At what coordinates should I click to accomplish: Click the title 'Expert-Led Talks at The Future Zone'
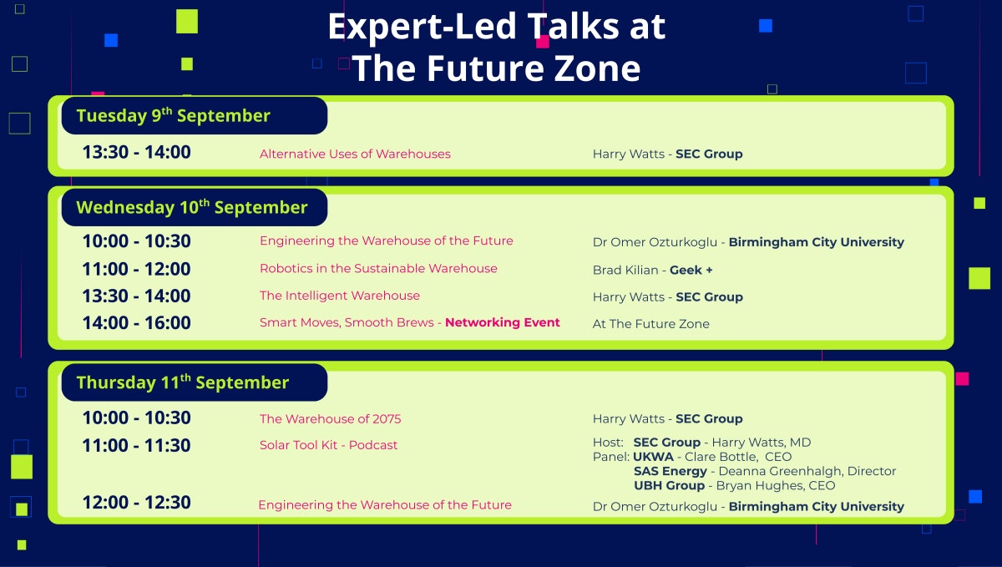[496, 48]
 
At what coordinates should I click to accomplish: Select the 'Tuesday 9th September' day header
[174, 115]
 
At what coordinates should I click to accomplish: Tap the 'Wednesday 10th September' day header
[192, 207]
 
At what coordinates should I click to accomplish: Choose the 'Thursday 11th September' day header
[183, 382]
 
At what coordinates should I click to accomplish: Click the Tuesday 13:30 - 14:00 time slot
[136, 153]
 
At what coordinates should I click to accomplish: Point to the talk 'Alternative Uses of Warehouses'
[355, 154]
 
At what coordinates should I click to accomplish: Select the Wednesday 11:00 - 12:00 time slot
[136, 269]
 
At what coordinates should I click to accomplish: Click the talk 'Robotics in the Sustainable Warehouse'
[378, 269]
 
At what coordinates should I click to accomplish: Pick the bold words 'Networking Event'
[503, 322]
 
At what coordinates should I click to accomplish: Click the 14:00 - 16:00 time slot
[136, 322]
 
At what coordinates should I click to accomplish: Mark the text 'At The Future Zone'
[650, 324]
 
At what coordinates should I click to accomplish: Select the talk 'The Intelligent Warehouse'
[340, 296]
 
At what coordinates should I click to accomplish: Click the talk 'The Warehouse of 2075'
[330, 418]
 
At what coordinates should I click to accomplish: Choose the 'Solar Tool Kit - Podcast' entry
[328, 445]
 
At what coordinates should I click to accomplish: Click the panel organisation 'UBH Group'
[669, 485]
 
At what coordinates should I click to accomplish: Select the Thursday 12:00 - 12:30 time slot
[136, 503]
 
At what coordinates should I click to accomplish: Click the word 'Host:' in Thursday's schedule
[608, 443]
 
